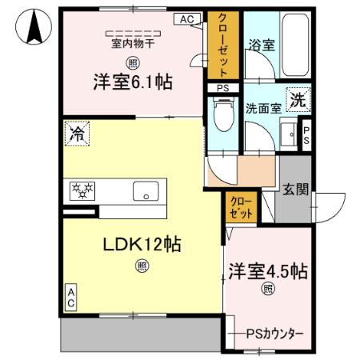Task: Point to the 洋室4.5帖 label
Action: coord(267,271)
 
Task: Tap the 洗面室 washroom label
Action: coord(262,109)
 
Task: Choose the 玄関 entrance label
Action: coord(294,190)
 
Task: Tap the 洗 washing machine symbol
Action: coord(297,102)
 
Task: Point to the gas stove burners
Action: coord(82,190)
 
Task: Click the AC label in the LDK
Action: coord(70,298)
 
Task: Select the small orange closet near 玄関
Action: coord(239,207)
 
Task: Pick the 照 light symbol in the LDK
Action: coord(142,266)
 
